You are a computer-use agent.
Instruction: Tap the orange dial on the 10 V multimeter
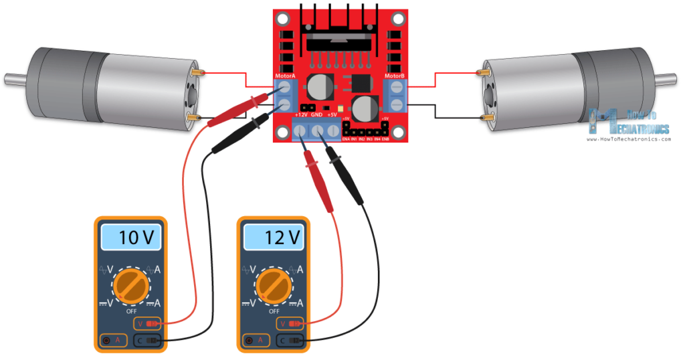(131, 285)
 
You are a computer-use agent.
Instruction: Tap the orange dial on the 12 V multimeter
(274, 285)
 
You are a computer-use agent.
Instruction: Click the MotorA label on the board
(285, 76)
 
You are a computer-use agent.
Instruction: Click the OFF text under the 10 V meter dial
(131, 311)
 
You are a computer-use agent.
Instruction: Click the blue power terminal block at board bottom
(316, 132)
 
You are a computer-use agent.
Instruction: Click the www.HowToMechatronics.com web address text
(627, 139)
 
